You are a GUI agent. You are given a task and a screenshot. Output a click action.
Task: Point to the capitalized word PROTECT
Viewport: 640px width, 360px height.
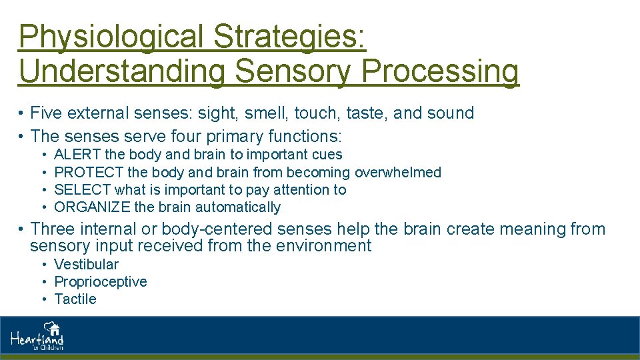click(x=89, y=172)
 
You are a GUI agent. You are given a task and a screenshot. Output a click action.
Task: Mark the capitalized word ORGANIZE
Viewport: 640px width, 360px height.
click(x=92, y=207)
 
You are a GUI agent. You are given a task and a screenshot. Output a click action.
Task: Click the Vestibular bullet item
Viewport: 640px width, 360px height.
click(x=86, y=264)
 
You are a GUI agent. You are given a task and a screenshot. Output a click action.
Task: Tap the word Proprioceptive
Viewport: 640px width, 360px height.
click(x=101, y=281)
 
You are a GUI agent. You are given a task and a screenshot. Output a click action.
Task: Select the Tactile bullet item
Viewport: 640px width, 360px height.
click(x=75, y=299)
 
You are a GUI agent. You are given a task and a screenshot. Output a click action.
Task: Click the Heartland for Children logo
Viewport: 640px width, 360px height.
click(x=37, y=337)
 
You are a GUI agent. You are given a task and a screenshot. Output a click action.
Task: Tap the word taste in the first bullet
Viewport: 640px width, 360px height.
click(x=363, y=113)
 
